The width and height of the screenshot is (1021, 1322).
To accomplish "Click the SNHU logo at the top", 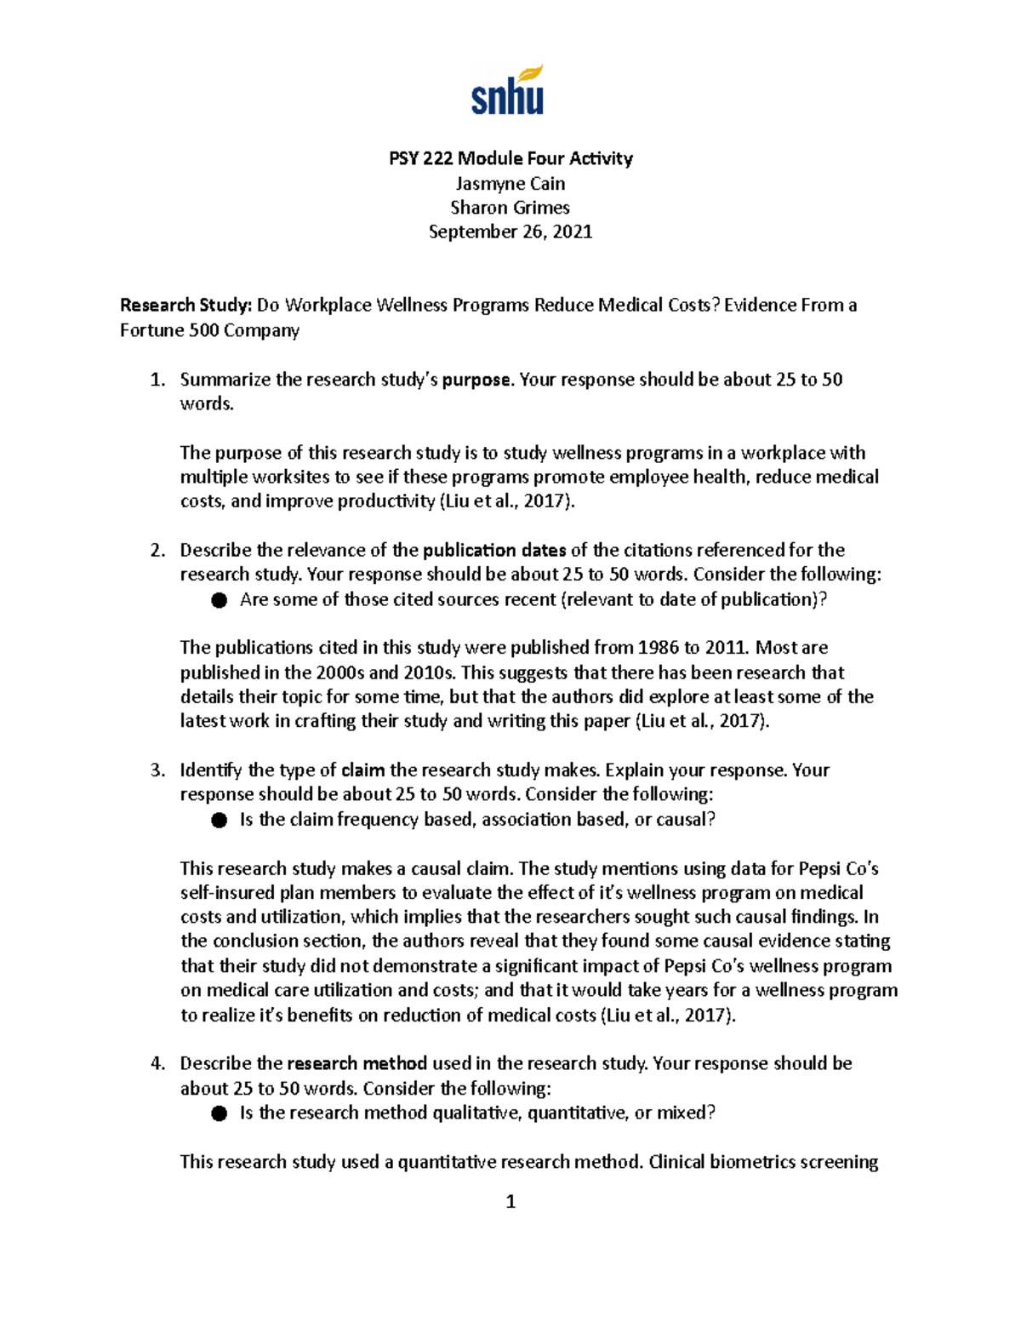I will [508, 90].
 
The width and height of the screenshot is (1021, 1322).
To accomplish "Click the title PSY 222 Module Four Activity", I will [510, 158].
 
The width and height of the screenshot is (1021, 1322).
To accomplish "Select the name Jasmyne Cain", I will [510, 183].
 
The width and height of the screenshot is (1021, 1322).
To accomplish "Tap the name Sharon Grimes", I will [510, 208].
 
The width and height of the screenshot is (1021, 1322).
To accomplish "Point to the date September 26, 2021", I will [510, 232].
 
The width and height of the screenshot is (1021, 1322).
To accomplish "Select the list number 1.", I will [157, 380].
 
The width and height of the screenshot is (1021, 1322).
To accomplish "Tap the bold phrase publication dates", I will [494, 550].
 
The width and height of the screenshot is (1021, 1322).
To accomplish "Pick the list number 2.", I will [157, 550].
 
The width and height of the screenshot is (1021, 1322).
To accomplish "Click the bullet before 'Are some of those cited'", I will [220, 600].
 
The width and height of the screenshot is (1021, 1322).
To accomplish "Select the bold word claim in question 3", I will [362, 770].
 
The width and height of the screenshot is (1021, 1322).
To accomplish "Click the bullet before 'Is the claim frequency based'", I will [220, 820].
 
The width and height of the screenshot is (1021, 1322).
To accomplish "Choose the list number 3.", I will [157, 770].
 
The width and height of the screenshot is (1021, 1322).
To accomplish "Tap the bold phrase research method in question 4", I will [357, 1064].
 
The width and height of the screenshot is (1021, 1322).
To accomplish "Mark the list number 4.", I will [157, 1064].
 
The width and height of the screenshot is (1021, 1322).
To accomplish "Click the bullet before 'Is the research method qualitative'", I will [220, 1113].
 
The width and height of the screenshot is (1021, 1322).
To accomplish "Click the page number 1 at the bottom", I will [510, 1201].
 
